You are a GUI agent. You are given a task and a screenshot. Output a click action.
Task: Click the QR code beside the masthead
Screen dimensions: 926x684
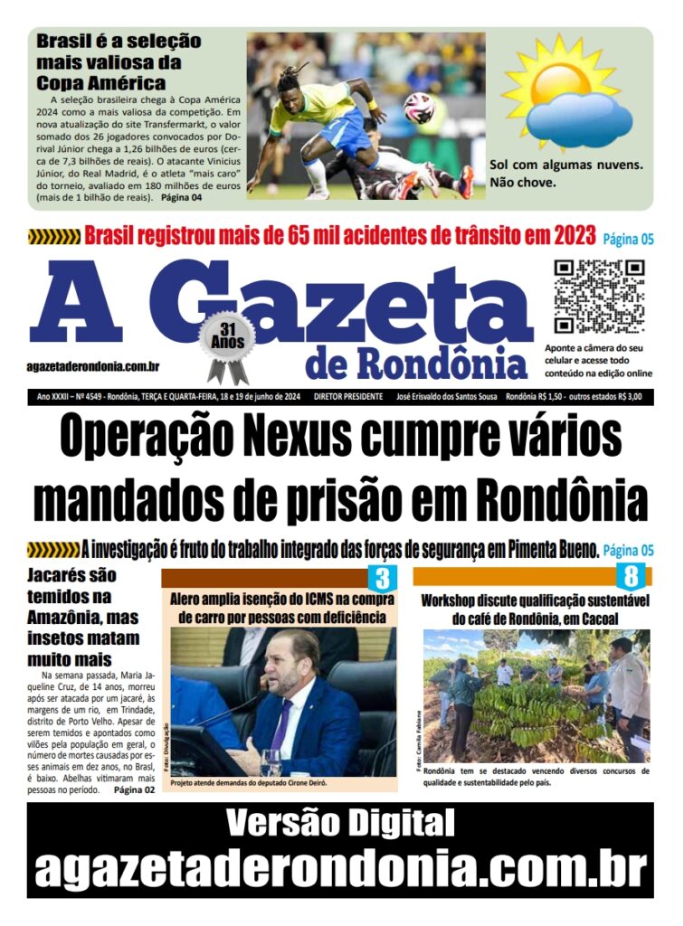tap(598, 296)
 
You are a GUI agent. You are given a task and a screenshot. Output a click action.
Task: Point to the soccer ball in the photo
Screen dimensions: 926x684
tap(418, 108)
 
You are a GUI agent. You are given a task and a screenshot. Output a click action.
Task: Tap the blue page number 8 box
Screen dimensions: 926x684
tap(630, 576)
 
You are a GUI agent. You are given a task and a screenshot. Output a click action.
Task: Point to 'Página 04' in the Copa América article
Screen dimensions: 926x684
tap(181, 196)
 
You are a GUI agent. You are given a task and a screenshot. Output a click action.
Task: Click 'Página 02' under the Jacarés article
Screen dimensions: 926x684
tap(134, 789)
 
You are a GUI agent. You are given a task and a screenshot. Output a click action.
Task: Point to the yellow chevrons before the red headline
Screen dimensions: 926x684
tap(53, 238)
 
